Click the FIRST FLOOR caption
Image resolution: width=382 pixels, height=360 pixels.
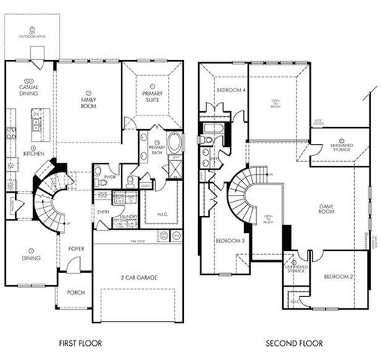click(x=80, y=343)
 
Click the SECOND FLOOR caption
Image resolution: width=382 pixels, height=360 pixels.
click(x=294, y=343)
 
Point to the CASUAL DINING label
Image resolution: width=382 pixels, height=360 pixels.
click(x=29, y=88)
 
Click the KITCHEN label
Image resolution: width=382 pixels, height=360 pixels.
click(x=34, y=154)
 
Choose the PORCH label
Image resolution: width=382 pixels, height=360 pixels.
click(x=76, y=292)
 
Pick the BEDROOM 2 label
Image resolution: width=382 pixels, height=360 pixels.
click(x=338, y=276)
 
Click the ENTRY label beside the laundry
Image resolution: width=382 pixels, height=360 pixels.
click(x=103, y=212)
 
